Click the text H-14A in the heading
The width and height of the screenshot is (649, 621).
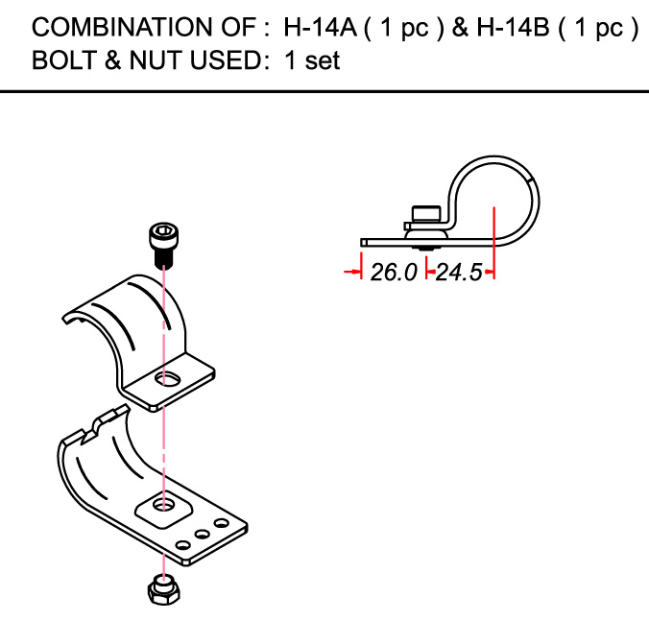pos(320,27)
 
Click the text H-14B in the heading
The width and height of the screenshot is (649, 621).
pos(514,27)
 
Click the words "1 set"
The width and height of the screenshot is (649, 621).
pos(312,60)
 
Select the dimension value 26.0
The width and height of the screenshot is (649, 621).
pos(394,273)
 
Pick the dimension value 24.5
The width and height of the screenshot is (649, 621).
pos(459,273)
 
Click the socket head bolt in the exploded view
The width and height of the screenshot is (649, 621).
pos(163,246)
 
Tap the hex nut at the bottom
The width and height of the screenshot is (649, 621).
pos(163,589)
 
